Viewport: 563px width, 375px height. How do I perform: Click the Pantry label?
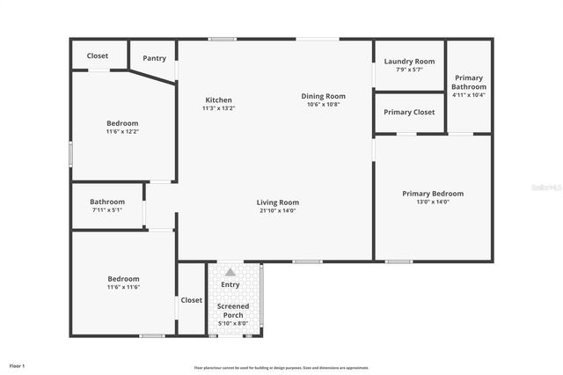(x=154, y=58)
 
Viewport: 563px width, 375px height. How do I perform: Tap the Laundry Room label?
(x=409, y=61)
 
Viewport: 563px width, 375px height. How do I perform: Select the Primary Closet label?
(x=409, y=113)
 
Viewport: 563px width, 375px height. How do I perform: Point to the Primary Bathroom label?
(x=469, y=83)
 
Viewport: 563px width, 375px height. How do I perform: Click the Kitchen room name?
(x=218, y=99)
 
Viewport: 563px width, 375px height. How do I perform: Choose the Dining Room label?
(x=323, y=96)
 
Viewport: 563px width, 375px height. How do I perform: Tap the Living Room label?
(x=278, y=202)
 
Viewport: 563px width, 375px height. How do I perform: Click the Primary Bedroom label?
(x=433, y=194)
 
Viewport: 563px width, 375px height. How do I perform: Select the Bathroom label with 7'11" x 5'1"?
(x=107, y=202)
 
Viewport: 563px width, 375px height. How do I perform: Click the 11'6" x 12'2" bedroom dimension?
(x=122, y=131)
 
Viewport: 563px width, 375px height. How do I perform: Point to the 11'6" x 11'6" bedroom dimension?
(x=122, y=287)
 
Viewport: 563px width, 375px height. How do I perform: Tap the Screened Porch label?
(x=233, y=310)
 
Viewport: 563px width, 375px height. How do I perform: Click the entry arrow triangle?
(x=230, y=273)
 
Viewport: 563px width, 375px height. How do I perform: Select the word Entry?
(x=230, y=284)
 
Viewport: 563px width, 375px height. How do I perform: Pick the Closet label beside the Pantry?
(x=98, y=55)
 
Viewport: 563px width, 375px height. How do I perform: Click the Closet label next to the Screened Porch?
(x=192, y=300)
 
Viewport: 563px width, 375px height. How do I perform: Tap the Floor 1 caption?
(x=18, y=365)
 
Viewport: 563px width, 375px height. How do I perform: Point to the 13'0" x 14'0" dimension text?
(x=433, y=202)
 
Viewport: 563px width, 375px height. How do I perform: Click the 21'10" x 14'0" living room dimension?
(x=278, y=210)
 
